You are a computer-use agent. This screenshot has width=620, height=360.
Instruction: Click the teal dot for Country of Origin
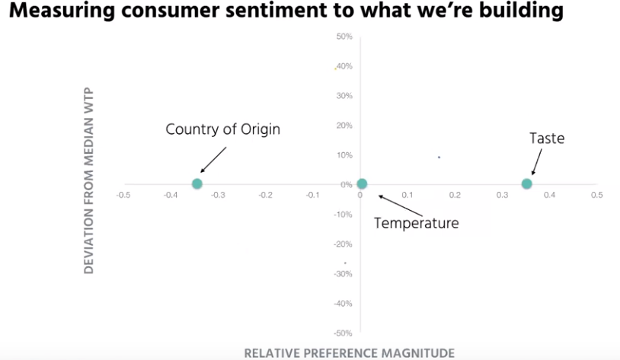coord(197,183)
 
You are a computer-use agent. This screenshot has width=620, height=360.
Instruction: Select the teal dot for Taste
coord(526,183)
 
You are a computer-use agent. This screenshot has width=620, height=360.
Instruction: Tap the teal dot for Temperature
coord(362,183)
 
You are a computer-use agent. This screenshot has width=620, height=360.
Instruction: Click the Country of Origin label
coord(222,129)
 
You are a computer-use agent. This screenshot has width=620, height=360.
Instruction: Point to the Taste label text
coord(547,139)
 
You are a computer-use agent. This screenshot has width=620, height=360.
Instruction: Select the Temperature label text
coord(417,223)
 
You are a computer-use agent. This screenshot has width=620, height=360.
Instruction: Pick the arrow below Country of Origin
coord(213,160)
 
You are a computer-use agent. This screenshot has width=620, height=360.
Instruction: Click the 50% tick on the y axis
coord(344,37)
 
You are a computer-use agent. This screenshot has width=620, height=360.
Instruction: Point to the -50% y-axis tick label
coord(342,333)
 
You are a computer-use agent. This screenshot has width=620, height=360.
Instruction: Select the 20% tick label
coord(344,126)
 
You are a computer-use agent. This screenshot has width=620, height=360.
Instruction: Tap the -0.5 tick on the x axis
coord(123,196)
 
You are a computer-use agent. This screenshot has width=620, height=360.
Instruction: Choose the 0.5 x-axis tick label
coord(596,196)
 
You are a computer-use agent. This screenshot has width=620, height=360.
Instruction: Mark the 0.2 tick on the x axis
coord(455,196)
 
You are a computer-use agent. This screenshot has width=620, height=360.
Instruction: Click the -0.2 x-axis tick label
coord(265,196)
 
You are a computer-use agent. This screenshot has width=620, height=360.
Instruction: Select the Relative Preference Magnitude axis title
coord(349,352)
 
